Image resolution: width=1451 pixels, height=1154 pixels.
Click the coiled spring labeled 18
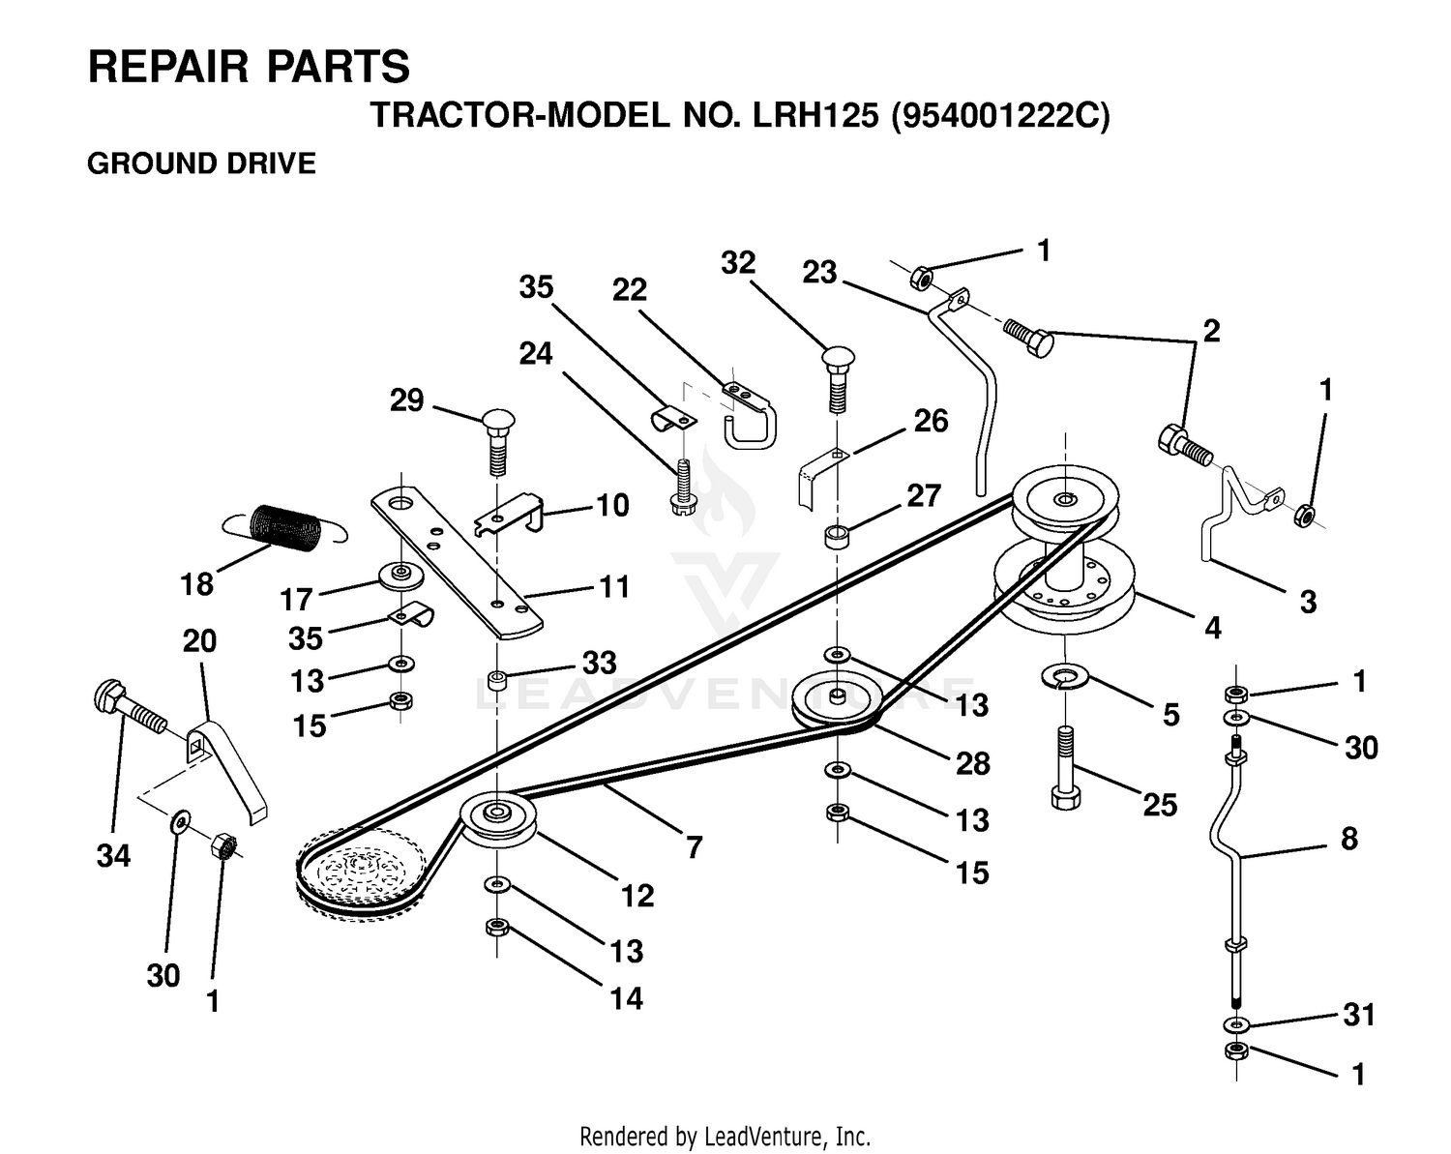click(x=285, y=529)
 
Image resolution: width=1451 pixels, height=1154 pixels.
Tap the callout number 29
click(x=406, y=400)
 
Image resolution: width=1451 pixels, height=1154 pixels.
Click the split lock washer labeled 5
click(x=1065, y=676)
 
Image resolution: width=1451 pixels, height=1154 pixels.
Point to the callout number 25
click(x=1160, y=805)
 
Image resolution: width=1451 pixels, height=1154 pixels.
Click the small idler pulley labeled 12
click(x=497, y=821)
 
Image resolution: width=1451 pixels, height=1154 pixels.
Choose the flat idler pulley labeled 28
click(x=836, y=701)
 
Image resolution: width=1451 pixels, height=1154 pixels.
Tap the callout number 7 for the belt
click(x=695, y=847)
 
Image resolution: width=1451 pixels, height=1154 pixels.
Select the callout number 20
click(x=199, y=640)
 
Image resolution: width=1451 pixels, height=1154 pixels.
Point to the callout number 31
click(x=1359, y=1015)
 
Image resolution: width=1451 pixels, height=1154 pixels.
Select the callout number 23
click(x=819, y=273)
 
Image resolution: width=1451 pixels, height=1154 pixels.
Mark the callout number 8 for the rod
click(x=1349, y=839)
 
